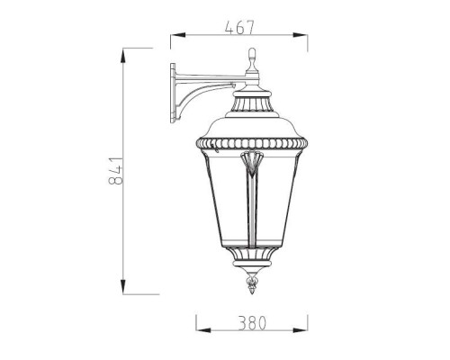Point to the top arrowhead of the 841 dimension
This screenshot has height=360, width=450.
[122, 54]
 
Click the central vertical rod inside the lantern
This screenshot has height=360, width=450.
[252, 207]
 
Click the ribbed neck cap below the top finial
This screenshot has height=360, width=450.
[252, 89]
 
